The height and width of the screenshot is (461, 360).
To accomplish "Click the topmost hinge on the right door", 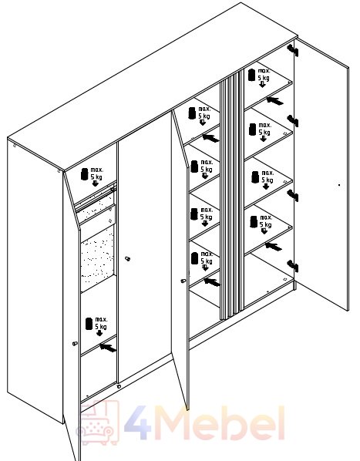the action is click(x=292, y=50).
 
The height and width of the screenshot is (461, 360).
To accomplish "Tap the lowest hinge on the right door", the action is click(x=293, y=266).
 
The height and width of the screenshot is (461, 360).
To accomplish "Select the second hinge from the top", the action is click(x=293, y=121).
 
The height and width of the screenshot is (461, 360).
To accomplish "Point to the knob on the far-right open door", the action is click(x=339, y=185).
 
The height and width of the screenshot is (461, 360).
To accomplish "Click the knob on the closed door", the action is click(x=127, y=259).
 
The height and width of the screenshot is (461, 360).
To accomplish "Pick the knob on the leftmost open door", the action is click(x=75, y=343).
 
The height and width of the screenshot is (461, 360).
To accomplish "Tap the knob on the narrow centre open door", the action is click(x=183, y=281).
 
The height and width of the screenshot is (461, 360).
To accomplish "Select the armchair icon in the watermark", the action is click(x=98, y=423).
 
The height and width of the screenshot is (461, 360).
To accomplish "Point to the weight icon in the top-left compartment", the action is click(x=85, y=173).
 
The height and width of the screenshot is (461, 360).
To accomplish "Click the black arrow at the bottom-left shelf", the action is click(x=108, y=348).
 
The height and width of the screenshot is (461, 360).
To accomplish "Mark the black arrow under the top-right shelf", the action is click(x=274, y=101).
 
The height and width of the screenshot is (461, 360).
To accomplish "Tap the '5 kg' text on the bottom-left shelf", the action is click(x=101, y=326).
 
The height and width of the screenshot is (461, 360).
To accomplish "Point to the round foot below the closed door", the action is click(x=119, y=386).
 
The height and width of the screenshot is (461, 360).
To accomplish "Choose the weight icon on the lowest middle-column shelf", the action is click(x=194, y=258).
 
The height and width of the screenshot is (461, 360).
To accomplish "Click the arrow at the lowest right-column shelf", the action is click(x=274, y=247).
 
